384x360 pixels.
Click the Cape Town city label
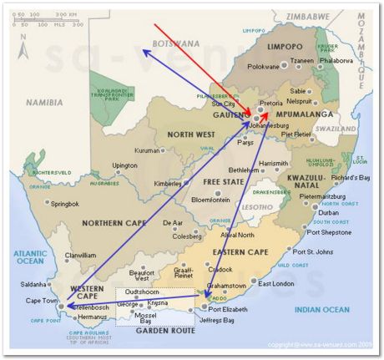[40, 301]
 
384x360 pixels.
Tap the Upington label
[124, 165]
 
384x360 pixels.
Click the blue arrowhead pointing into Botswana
[144, 51]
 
